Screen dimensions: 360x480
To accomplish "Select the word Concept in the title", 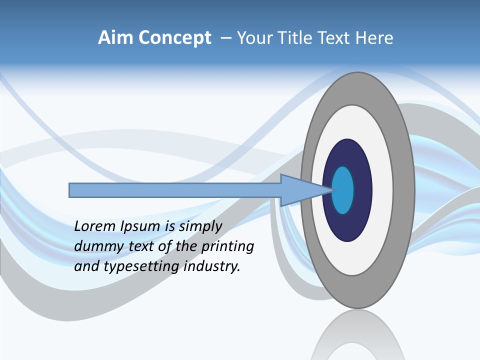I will [x=174, y=38].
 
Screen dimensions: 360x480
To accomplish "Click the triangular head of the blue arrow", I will [x=300, y=190].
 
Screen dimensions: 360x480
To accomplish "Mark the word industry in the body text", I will [x=212, y=266].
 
